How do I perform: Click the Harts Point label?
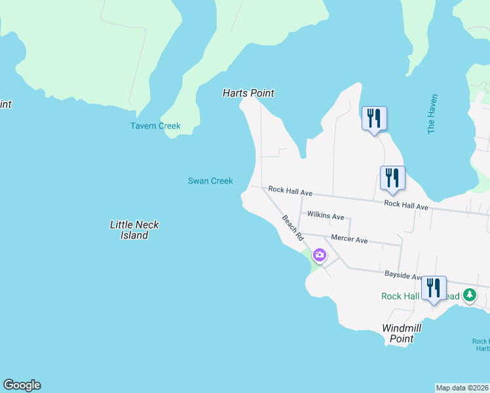click(248, 93)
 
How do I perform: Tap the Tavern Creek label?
click(155, 126)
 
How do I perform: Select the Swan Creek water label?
click(210, 181)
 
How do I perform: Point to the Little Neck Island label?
click(134, 230)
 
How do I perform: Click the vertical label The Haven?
click(432, 114)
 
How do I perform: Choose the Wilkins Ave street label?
click(326, 216)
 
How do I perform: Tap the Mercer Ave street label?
click(349, 239)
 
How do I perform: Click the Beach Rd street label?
click(293, 227)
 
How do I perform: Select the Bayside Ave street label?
click(403, 278)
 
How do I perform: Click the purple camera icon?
click(320, 255)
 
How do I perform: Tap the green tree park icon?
click(469, 295)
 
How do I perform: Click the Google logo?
click(22, 385)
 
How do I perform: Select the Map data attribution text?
click(462, 388)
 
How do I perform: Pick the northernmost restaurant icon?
click(374, 118)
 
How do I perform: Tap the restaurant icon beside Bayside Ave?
click(434, 288)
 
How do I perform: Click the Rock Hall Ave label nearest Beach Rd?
click(290, 193)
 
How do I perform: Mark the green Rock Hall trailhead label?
click(400, 296)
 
